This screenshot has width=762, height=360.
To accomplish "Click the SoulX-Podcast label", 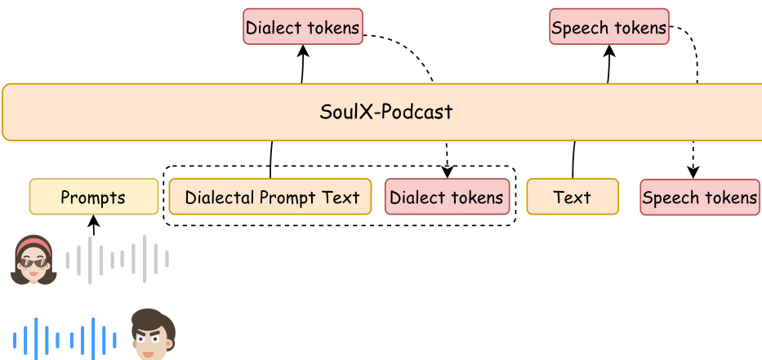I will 385,112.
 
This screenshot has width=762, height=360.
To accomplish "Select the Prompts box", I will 94,197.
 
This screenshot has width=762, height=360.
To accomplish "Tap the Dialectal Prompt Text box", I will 270,197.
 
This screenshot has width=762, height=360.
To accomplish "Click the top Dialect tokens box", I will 303,27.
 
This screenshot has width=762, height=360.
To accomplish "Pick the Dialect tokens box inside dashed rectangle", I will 447,197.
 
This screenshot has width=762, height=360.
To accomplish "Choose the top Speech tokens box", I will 609,27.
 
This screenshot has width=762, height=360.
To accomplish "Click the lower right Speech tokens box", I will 700,197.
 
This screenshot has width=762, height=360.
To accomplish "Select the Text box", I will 573,197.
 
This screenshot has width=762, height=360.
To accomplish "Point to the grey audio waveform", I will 118,259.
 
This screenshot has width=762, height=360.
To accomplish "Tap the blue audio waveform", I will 64,338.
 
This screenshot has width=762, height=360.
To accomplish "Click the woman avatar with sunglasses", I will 33,260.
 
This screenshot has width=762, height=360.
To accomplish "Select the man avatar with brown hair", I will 153,335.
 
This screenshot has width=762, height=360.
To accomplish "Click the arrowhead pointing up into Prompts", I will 94,220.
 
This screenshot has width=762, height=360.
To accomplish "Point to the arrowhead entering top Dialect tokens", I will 303,50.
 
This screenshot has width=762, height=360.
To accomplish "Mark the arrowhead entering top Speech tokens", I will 609,50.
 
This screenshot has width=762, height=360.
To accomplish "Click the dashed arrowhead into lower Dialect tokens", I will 447,173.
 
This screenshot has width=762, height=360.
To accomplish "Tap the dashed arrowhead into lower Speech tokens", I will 693,173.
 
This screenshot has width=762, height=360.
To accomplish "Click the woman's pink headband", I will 33,243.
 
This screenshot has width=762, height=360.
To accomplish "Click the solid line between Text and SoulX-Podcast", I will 573,159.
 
